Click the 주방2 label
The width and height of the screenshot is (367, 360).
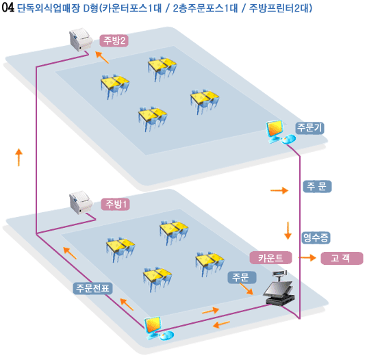click(114, 41)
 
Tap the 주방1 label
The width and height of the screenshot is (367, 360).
click(116, 204)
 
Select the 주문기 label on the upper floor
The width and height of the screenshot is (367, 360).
click(309, 128)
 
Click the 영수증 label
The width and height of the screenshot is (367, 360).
click(316, 237)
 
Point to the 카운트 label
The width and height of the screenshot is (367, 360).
click(271, 258)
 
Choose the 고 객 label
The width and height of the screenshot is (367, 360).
click(342, 258)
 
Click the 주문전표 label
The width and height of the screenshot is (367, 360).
click(93, 288)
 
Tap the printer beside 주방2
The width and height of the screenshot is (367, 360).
click(80, 39)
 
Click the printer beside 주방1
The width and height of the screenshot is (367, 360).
click(80, 203)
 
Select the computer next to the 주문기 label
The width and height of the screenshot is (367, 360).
click(279, 132)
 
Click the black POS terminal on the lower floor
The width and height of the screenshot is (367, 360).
click(279, 288)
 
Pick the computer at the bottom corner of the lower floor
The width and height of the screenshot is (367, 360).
click(158, 329)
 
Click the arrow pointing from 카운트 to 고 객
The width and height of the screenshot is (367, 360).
click(307, 258)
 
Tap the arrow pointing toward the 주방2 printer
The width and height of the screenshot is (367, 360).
click(102, 57)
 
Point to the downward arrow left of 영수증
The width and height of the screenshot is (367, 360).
click(288, 231)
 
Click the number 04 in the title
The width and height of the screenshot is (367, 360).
click(8, 8)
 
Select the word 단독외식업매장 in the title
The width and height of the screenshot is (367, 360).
click(49, 8)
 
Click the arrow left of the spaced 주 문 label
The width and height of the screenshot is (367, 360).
click(279, 190)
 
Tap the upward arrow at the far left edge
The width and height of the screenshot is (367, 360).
click(18, 157)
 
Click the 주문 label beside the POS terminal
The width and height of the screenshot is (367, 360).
click(242, 277)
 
